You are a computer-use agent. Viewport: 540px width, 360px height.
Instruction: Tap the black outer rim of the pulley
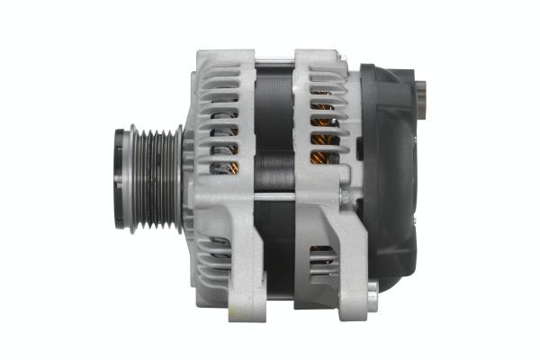(121, 180)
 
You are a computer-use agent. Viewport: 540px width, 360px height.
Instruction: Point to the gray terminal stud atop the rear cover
(424, 90)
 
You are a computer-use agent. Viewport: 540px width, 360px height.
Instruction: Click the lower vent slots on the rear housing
(321, 261)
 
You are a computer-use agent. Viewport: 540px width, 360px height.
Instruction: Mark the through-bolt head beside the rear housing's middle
(346, 195)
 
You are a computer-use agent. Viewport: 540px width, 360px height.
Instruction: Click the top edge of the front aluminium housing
(225, 52)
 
